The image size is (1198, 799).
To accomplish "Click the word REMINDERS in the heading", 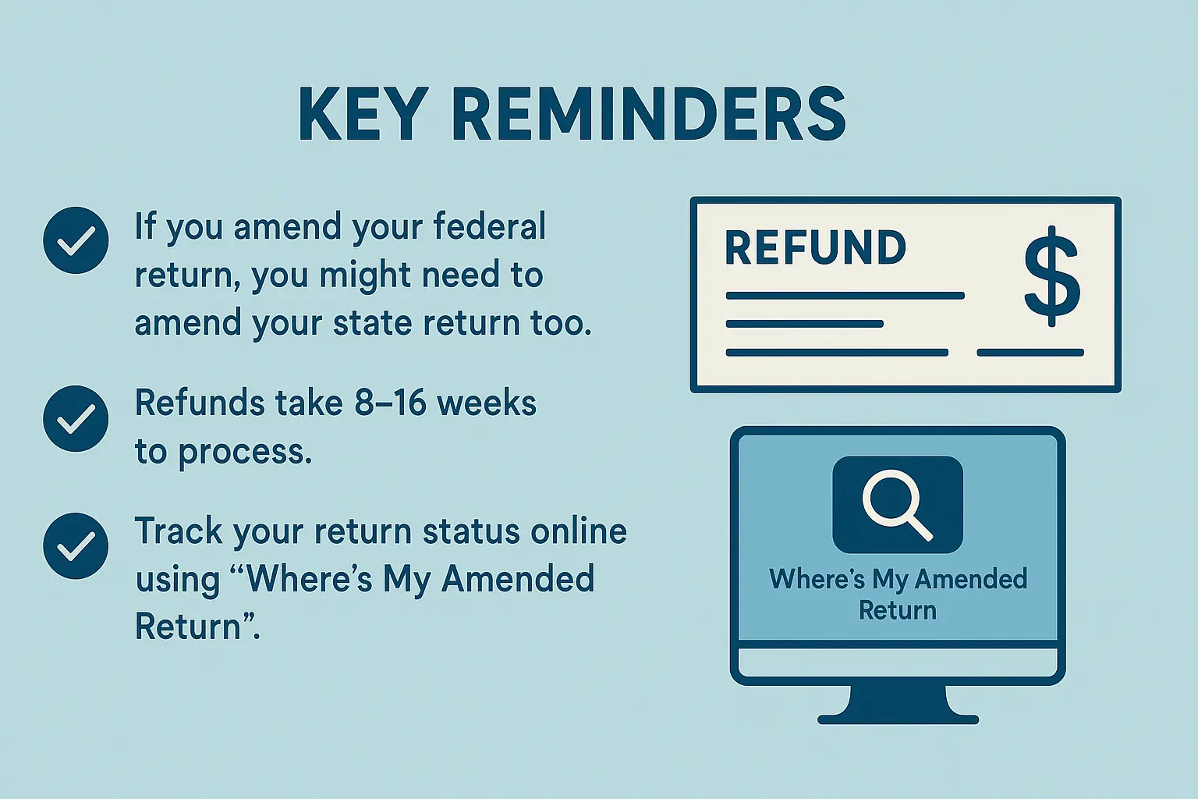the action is (x=649, y=115).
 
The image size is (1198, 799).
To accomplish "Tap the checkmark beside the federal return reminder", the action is (x=76, y=240).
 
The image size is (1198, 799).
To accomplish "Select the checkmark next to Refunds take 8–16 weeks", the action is (x=76, y=418).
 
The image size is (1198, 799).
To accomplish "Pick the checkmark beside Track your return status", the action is (x=76, y=546).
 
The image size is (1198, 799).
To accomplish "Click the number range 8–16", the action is (x=391, y=403).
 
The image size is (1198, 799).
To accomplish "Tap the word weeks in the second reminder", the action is (x=487, y=403).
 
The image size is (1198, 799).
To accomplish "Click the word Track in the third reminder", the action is (x=179, y=531).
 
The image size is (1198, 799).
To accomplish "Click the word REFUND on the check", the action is (x=815, y=248).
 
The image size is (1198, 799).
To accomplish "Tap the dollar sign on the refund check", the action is (x=1052, y=275).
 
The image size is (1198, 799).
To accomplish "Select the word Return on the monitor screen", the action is (x=898, y=610).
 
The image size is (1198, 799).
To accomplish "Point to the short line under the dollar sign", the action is (x=1030, y=352).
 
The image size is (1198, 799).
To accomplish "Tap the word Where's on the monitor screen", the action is (x=817, y=579).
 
